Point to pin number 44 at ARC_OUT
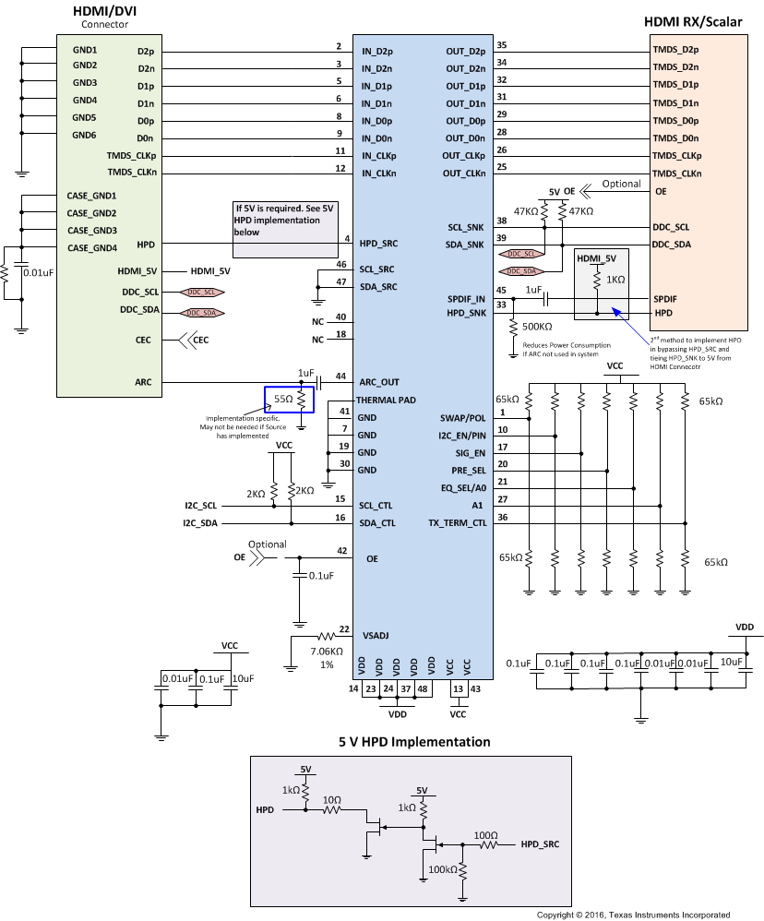[340, 377]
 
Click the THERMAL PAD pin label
[385, 400]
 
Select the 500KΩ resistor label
[539, 327]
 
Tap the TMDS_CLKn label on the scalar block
[676, 173]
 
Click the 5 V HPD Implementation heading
[414, 742]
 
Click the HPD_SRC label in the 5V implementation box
[540, 843]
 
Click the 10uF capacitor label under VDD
[731, 663]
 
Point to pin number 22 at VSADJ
[343, 629]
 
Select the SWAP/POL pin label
[464, 418]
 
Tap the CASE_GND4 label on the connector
[92, 247]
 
